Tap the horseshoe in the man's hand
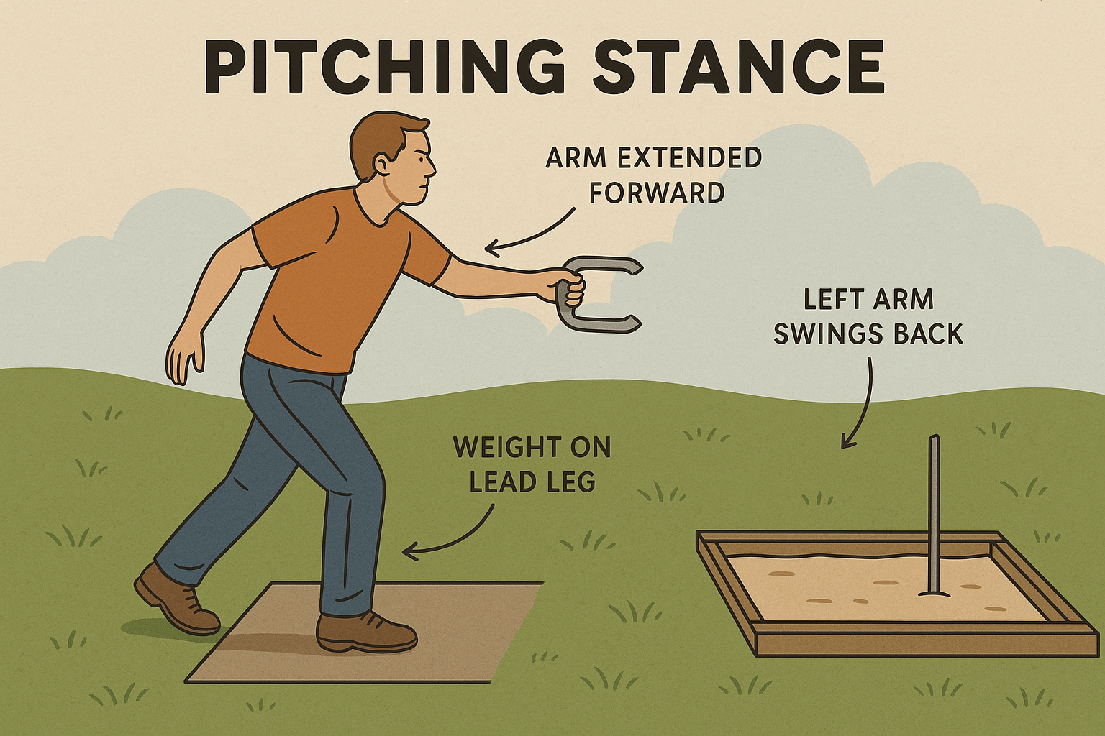[596, 295]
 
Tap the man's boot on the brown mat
[366, 632]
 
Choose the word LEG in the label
[573, 482]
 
